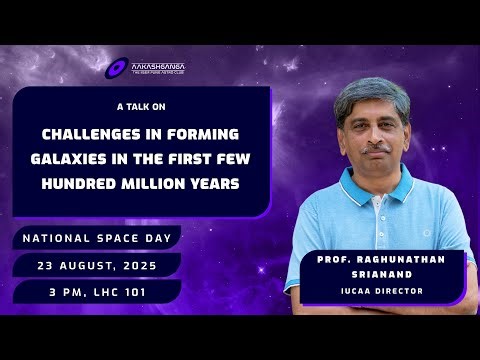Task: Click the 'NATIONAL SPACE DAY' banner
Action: coord(96,239)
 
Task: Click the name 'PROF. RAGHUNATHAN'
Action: coord(378,257)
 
